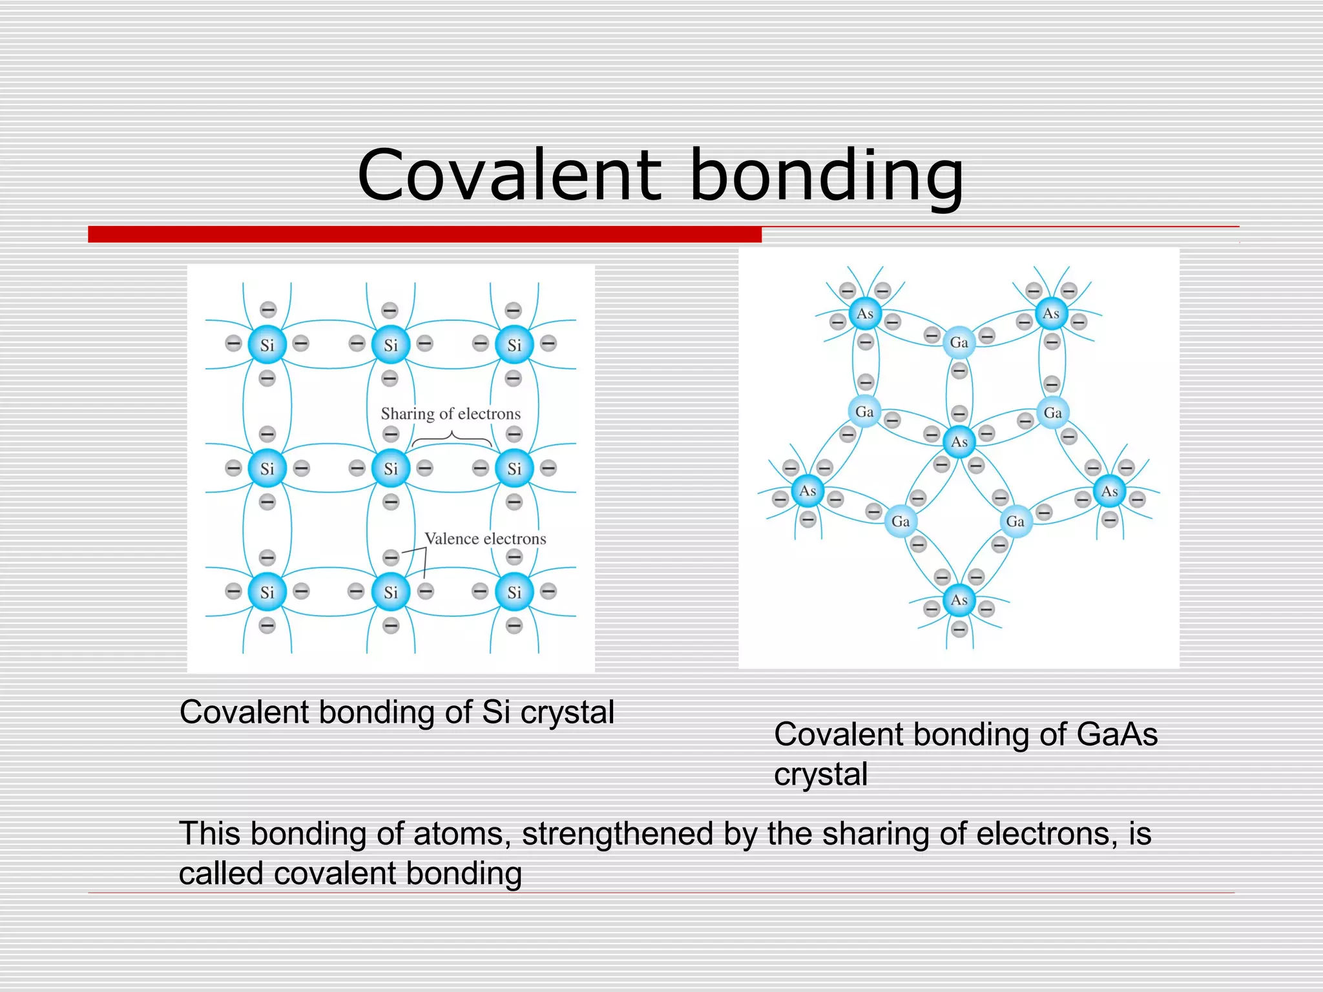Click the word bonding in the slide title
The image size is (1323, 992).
click(x=826, y=176)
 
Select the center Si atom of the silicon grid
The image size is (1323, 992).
click(x=391, y=468)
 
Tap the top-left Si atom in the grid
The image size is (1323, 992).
click(x=267, y=345)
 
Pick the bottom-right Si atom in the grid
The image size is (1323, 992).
click(x=514, y=592)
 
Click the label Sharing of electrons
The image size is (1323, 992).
click(x=450, y=413)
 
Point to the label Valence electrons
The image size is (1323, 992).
click(x=485, y=539)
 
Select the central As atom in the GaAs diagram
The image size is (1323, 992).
click(x=959, y=442)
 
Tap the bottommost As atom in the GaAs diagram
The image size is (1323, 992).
click(x=959, y=600)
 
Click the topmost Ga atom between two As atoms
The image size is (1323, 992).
click(x=959, y=342)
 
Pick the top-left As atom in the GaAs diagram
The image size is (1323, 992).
click(x=865, y=314)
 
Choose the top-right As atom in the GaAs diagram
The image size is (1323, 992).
click(x=1051, y=313)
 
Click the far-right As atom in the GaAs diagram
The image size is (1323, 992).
click(x=1110, y=491)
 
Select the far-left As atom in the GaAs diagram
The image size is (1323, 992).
click(x=807, y=491)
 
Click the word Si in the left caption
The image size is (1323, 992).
click(x=496, y=712)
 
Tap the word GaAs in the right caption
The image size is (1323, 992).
click(x=1117, y=734)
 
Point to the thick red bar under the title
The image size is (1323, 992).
click(x=424, y=234)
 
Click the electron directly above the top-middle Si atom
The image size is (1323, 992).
click(x=390, y=311)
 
